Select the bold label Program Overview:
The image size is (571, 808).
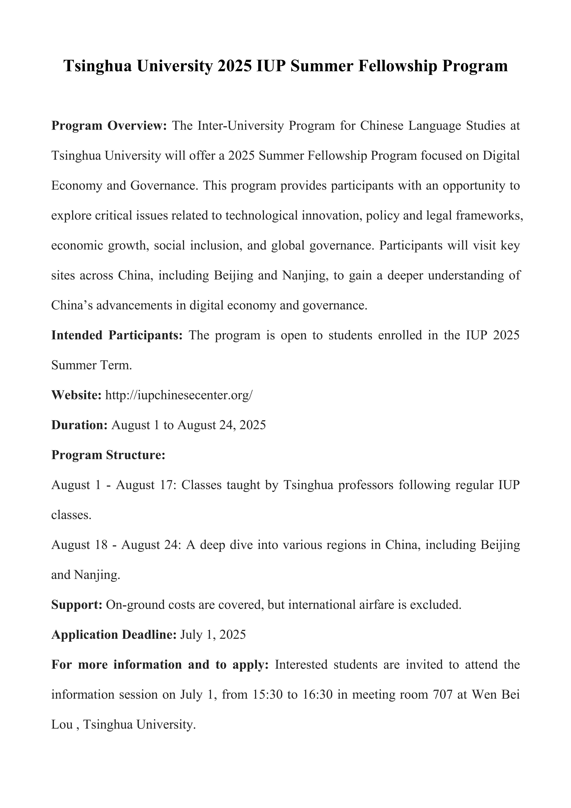(x=109, y=126)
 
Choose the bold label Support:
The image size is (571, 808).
(x=77, y=605)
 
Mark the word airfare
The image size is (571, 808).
(x=392, y=605)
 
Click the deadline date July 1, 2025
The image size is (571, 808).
(x=213, y=634)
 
